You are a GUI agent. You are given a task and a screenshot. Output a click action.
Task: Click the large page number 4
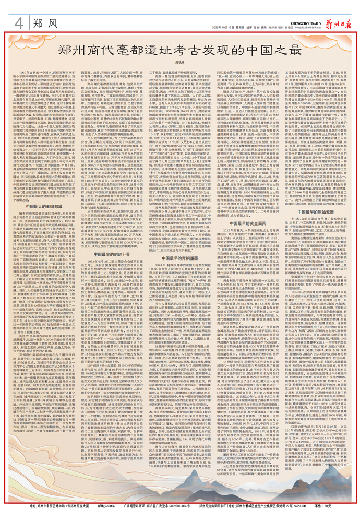tap(19, 22)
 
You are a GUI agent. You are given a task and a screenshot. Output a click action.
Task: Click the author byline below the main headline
tap(180, 62)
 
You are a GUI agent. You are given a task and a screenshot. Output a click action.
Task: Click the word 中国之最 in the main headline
tap(269, 50)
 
